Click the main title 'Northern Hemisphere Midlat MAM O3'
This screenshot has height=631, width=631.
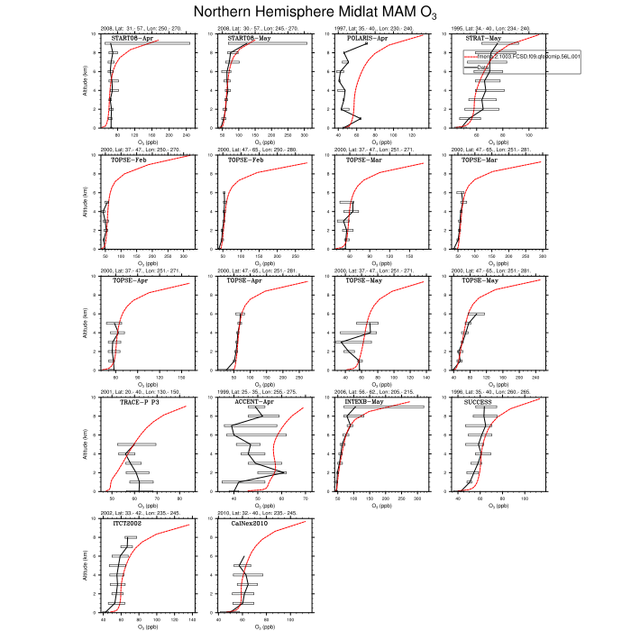pyautogui.click(x=315, y=12)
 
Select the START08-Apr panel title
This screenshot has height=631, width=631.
pyautogui.click(x=132, y=39)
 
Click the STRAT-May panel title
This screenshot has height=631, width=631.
pyautogui.click(x=483, y=39)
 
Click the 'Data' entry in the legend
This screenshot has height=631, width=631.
pyautogui.click(x=483, y=67)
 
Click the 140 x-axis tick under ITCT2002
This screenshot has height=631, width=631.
pyautogui.click(x=194, y=619)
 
